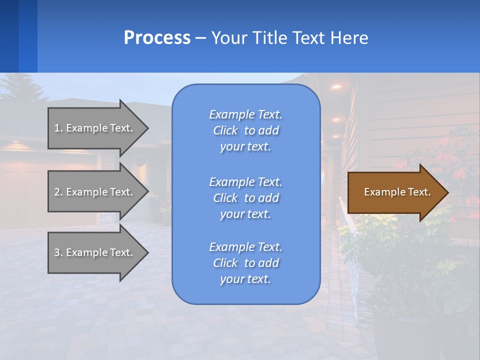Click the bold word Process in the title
pyautogui.click(x=157, y=38)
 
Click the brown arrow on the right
pyautogui.click(x=395, y=192)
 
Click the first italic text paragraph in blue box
pyautogui.click(x=245, y=130)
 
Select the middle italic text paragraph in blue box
pyautogui.click(x=245, y=197)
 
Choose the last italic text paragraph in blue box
pyautogui.click(x=245, y=263)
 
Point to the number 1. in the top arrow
pyautogui.click(x=58, y=128)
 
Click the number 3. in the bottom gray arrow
pyautogui.click(x=58, y=252)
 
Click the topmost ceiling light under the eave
pyautogui.click(x=336, y=87)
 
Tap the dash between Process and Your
pyautogui.click(x=201, y=38)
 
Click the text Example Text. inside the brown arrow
pyautogui.click(x=397, y=192)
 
